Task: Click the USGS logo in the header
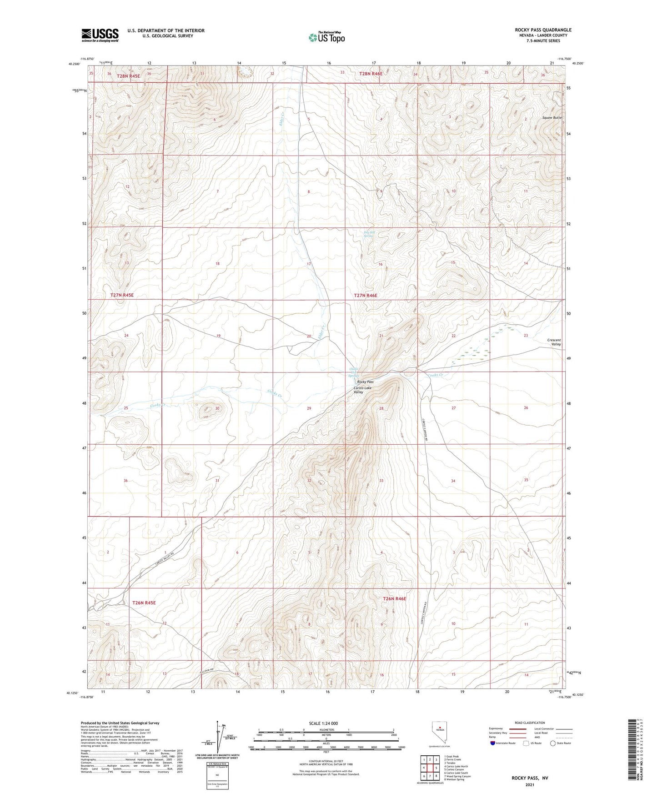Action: point(100,35)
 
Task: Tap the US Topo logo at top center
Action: point(326,37)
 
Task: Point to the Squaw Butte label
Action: point(552,117)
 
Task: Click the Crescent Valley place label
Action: point(554,342)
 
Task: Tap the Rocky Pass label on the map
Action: point(365,382)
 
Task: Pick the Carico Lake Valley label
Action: point(362,390)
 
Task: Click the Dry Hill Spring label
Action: point(369,234)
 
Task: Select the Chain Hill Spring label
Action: point(353,372)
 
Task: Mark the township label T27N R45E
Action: point(122,295)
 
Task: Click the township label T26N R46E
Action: point(394,599)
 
